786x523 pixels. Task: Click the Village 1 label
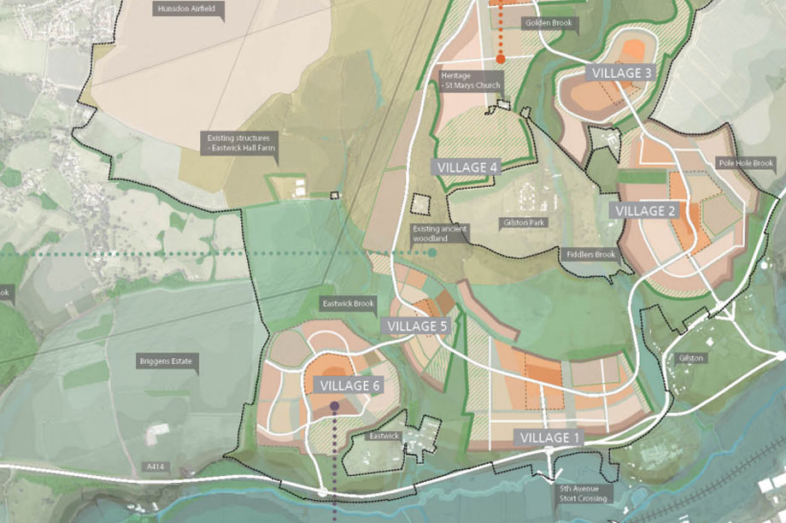coord(550,438)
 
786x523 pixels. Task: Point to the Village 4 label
coord(467,167)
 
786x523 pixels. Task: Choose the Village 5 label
coord(417,326)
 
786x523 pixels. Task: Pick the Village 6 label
coord(349,385)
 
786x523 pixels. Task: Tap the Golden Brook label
coord(548,23)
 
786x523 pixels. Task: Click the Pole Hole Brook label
coord(745,163)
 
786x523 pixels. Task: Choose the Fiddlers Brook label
coord(590,255)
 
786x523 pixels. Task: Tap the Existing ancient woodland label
coord(439,233)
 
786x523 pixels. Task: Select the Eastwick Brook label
coord(349,303)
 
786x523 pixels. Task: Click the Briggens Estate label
coord(167,362)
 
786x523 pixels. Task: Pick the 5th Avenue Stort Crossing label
coord(584,494)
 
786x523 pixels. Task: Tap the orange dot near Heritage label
coord(501,59)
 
